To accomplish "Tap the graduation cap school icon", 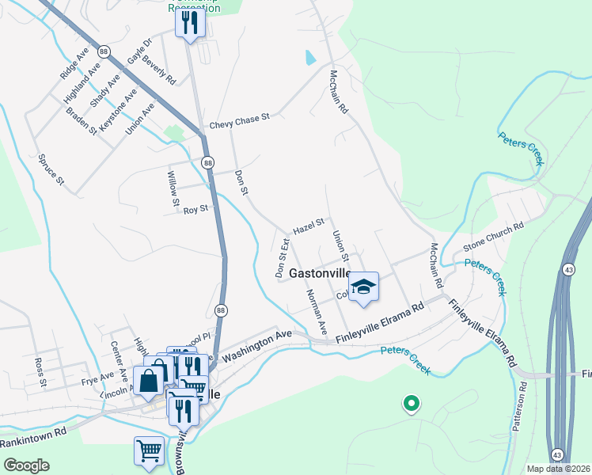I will (x=363, y=286).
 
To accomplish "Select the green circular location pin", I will (x=411, y=404).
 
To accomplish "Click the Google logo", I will (x=25, y=465).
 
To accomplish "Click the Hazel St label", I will (x=309, y=227).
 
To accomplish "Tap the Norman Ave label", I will (x=317, y=310).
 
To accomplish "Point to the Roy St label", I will (x=195, y=210).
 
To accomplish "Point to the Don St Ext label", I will (x=281, y=256).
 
